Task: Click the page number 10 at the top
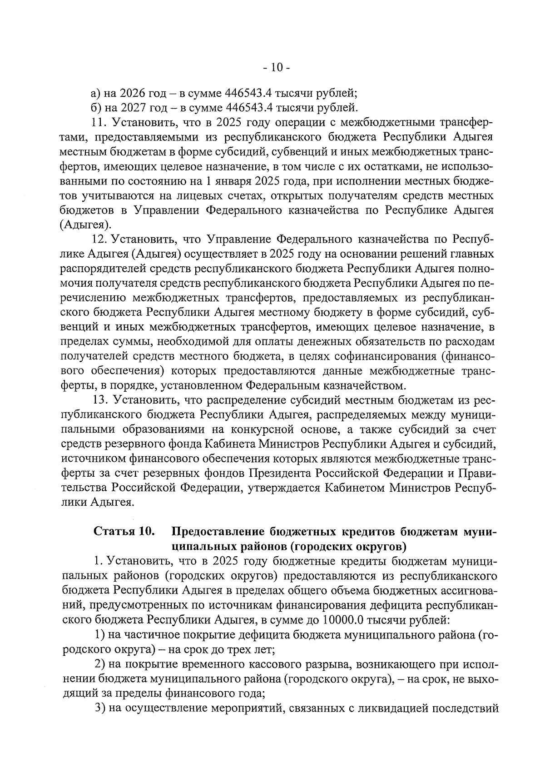[277, 68]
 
